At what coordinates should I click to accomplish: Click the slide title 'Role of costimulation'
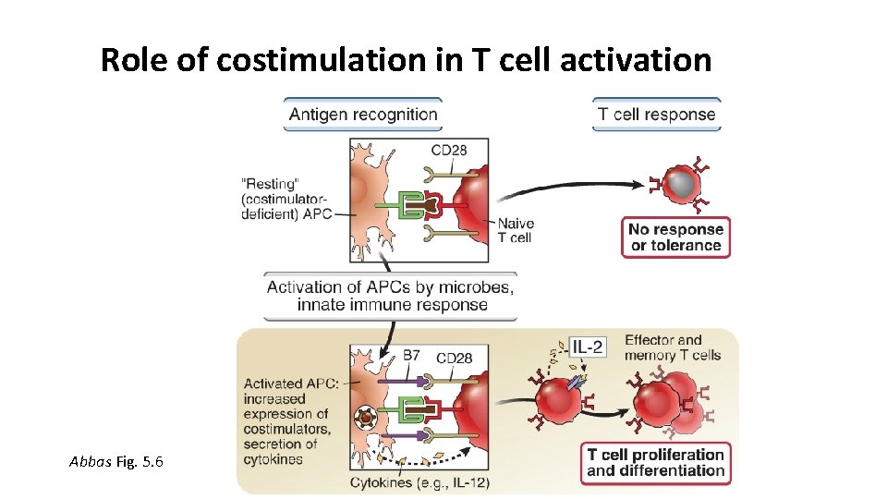click(x=406, y=61)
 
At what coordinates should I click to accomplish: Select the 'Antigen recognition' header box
click(x=363, y=115)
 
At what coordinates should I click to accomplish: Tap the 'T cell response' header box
click(x=656, y=115)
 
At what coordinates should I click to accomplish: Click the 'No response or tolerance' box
click(x=675, y=237)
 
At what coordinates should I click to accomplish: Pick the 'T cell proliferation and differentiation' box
click(x=655, y=462)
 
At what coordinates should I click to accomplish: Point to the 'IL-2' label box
click(x=588, y=347)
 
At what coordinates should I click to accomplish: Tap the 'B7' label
click(x=411, y=356)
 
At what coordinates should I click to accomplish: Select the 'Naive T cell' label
click(x=515, y=230)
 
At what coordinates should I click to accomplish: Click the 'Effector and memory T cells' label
click(x=672, y=347)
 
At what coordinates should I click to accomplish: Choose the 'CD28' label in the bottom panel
click(x=455, y=358)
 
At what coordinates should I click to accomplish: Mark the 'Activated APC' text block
click(x=287, y=420)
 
